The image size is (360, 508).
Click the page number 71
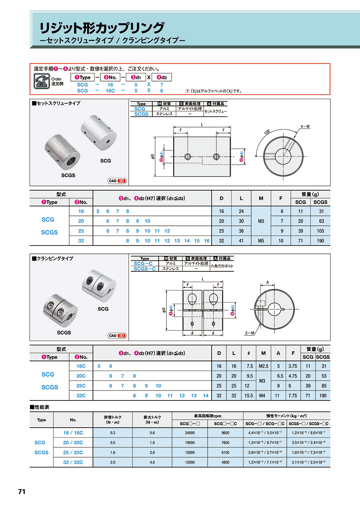(22, 492)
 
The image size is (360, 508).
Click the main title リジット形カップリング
(101, 28)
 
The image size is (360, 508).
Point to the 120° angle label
(267, 133)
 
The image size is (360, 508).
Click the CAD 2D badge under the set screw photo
(117, 181)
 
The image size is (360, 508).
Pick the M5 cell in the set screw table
(261, 240)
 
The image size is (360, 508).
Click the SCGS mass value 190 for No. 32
(320, 241)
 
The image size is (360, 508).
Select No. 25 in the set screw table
(81, 231)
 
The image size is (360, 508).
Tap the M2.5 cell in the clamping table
(263, 366)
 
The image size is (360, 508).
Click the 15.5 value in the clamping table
(248, 395)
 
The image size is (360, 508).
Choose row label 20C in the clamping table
(81, 376)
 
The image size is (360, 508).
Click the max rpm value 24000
(190, 433)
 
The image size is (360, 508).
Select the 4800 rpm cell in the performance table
(226, 462)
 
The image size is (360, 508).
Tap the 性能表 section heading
(40, 407)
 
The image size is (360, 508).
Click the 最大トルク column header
(152, 420)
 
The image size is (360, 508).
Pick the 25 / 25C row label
(73, 452)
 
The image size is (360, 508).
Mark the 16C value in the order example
(110, 91)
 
